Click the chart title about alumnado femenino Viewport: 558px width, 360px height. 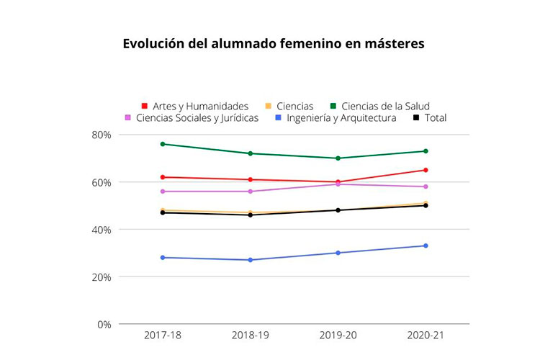click(274, 44)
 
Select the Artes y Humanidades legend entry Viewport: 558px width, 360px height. click(194, 106)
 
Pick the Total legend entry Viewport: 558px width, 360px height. click(430, 117)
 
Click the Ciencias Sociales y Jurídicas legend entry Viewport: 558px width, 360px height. click(191, 117)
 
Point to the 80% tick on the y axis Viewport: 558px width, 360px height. click(101, 135)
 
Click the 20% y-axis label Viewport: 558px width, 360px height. click(101, 276)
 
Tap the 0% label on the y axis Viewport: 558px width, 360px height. click(104, 324)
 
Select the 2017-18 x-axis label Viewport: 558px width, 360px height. click(163, 336)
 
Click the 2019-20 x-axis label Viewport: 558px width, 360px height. click(338, 336)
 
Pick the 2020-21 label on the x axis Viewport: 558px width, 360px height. click(426, 336)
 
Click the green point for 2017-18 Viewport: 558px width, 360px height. click(163, 144)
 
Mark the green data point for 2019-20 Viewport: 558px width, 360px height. click(338, 158)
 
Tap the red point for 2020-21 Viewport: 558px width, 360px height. click(426, 170)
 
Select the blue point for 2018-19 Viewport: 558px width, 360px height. click(251, 260)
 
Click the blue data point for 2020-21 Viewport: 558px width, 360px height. click(426, 246)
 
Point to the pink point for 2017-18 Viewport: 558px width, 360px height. click(163, 192)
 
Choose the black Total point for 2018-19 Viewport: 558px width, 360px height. click(251, 215)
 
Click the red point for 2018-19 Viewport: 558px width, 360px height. click(251, 179)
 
